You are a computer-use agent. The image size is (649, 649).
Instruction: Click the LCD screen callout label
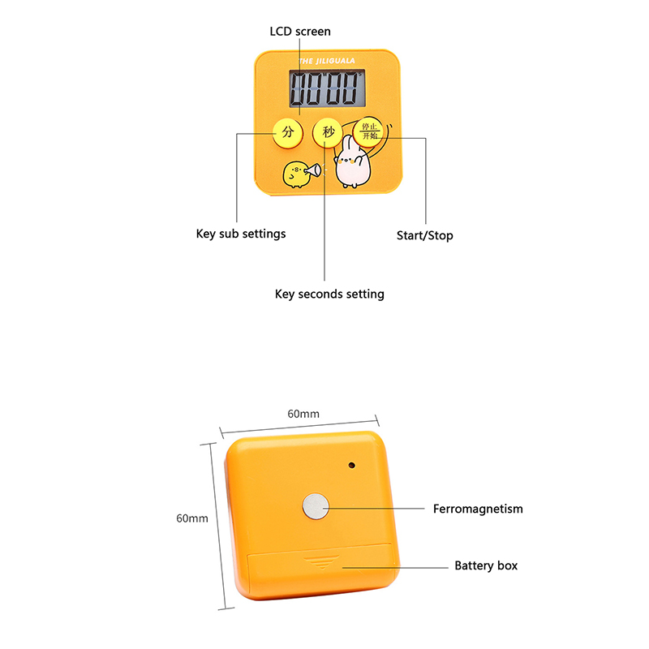click(300, 32)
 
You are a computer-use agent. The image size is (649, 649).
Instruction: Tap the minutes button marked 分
click(288, 133)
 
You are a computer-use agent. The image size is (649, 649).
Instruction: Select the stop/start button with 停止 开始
click(368, 131)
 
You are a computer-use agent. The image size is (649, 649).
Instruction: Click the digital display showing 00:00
click(327, 88)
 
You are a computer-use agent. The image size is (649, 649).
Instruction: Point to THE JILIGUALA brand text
click(327, 61)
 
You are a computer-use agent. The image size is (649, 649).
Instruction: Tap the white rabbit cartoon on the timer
click(352, 162)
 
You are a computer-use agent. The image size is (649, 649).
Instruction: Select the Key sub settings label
click(241, 234)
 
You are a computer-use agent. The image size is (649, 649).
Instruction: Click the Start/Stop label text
click(424, 235)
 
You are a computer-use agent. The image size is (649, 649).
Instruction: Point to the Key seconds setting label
click(329, 294)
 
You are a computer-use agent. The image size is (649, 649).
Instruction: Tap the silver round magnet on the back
click(316, 506)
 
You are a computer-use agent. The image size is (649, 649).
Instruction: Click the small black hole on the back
click(352, 465)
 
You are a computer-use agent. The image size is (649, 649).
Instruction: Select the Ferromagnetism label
click(478, 509)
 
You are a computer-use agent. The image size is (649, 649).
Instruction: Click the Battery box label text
click(486, 565)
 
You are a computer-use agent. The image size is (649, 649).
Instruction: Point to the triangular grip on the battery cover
click(321, 562)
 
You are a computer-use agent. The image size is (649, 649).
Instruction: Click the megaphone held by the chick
click(313, 170)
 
